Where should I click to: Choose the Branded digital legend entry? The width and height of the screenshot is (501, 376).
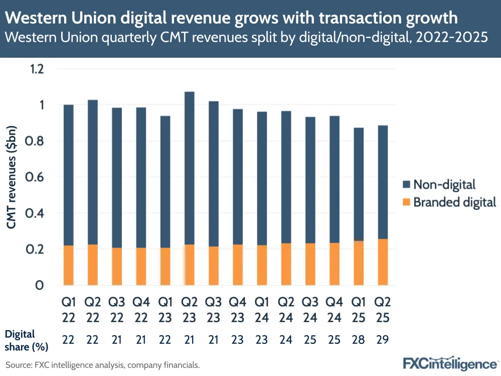tap(449, 202)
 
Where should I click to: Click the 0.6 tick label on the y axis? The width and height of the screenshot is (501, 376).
tap(37, 177)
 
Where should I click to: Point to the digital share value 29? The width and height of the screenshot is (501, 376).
tap(383, 340)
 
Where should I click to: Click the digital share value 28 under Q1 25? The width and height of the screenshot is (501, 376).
tap(359, 340)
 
